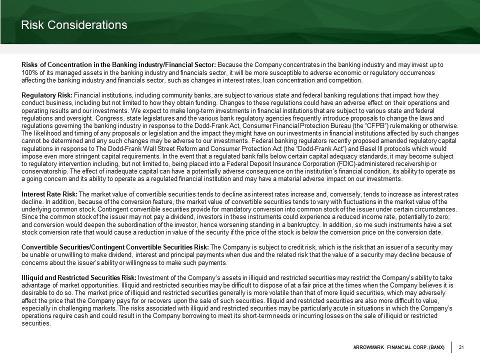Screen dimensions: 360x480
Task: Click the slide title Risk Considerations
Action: pyautogui.click(x=74, y=24)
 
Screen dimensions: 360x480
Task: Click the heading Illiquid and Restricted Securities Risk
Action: pyautogui.click(x=78, y=277)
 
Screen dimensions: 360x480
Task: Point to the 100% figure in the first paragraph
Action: pyautogui.click(x=29, y=73)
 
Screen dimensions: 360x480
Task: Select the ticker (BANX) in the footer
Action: pyautogui.click(x=433, y=347)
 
